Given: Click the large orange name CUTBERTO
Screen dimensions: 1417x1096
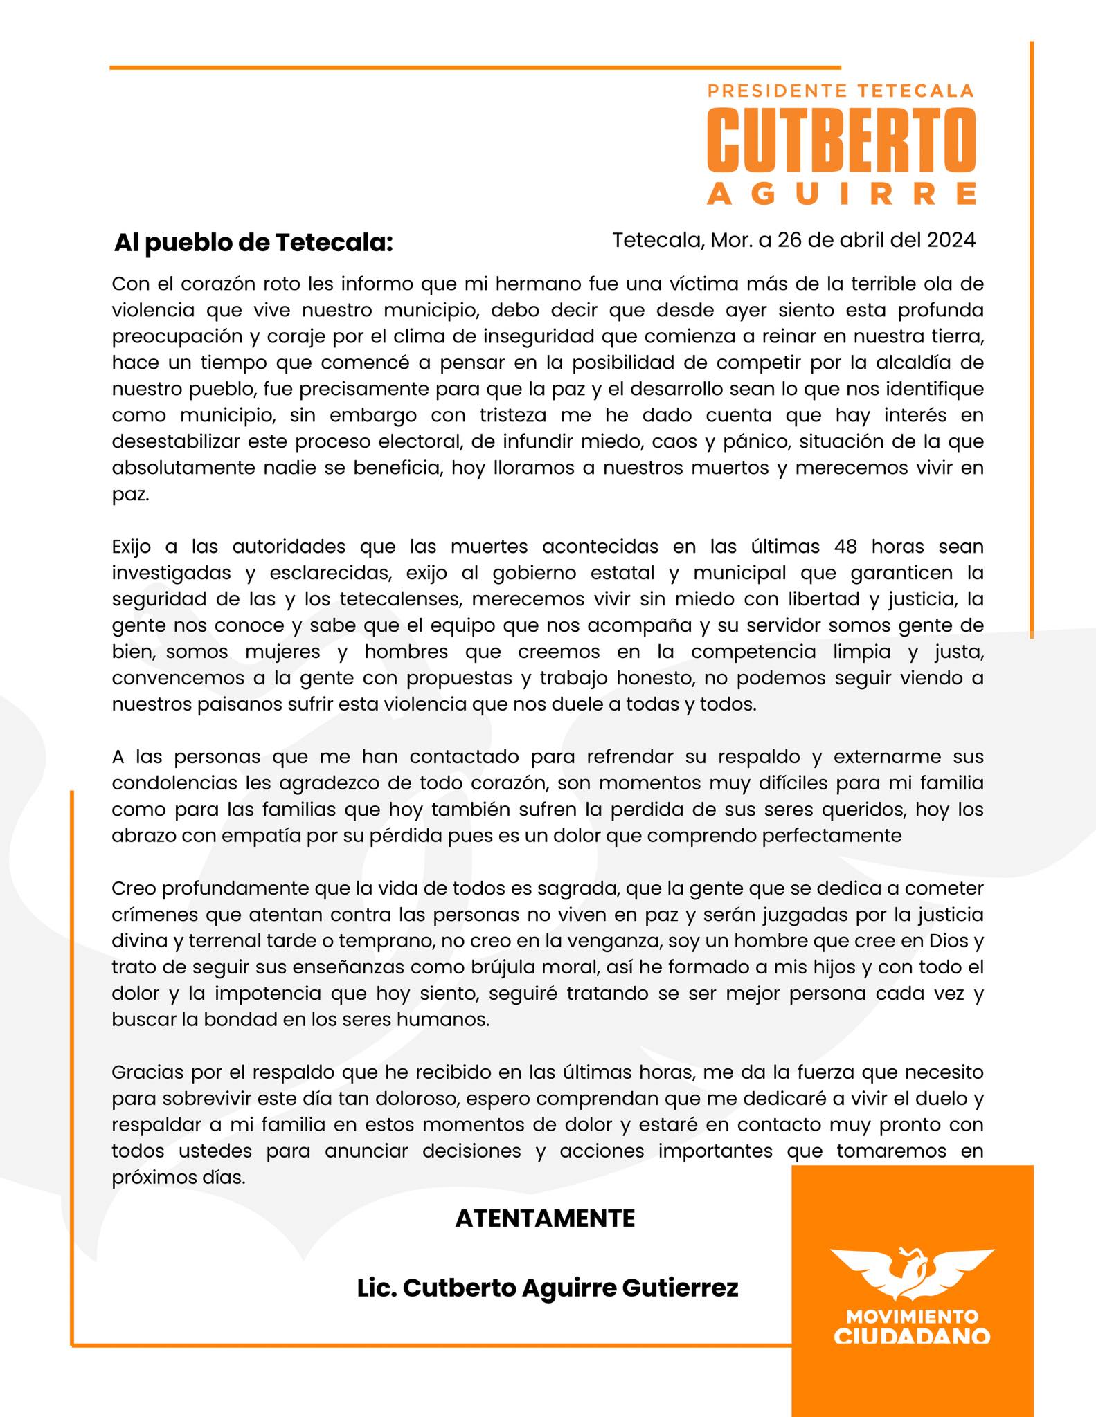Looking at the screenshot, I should pos(841,140).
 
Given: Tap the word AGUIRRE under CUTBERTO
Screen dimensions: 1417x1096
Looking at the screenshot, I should pos(841,194).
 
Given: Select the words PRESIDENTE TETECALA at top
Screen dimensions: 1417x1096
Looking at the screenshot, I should pos(841,91).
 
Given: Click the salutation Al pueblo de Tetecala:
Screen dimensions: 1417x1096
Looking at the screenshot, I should pos(253,243).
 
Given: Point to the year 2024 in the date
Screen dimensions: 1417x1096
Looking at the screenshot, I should pos(951,240).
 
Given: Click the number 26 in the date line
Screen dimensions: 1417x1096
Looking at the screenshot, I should pos(789,240).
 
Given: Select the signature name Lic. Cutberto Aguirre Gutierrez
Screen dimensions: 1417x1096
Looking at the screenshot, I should pos(548,1288).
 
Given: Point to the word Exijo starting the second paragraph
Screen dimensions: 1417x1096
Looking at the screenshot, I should pos(131,547).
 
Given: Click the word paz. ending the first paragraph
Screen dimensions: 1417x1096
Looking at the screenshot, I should pos(130,495).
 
